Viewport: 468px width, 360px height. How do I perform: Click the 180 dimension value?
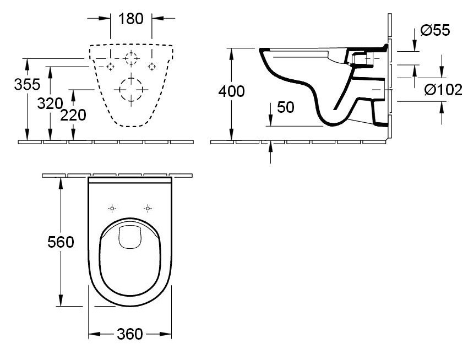[x=130, y=19]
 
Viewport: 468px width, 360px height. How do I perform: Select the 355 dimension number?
[x=27, y=84]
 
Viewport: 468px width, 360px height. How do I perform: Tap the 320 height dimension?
[x=50, y=103]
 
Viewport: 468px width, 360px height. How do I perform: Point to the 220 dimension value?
[x=73, y=115]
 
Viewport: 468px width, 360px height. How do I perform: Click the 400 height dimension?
[x=231, y=91]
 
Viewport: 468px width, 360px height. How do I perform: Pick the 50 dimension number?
[x=286, y=107]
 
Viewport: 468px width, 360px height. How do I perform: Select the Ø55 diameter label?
[x=435, y=30]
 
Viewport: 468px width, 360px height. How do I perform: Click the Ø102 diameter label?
[x=444, y=90]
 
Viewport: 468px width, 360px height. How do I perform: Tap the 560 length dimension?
[x=61, y=242]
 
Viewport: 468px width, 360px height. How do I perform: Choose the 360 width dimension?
[x=130, y=334]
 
